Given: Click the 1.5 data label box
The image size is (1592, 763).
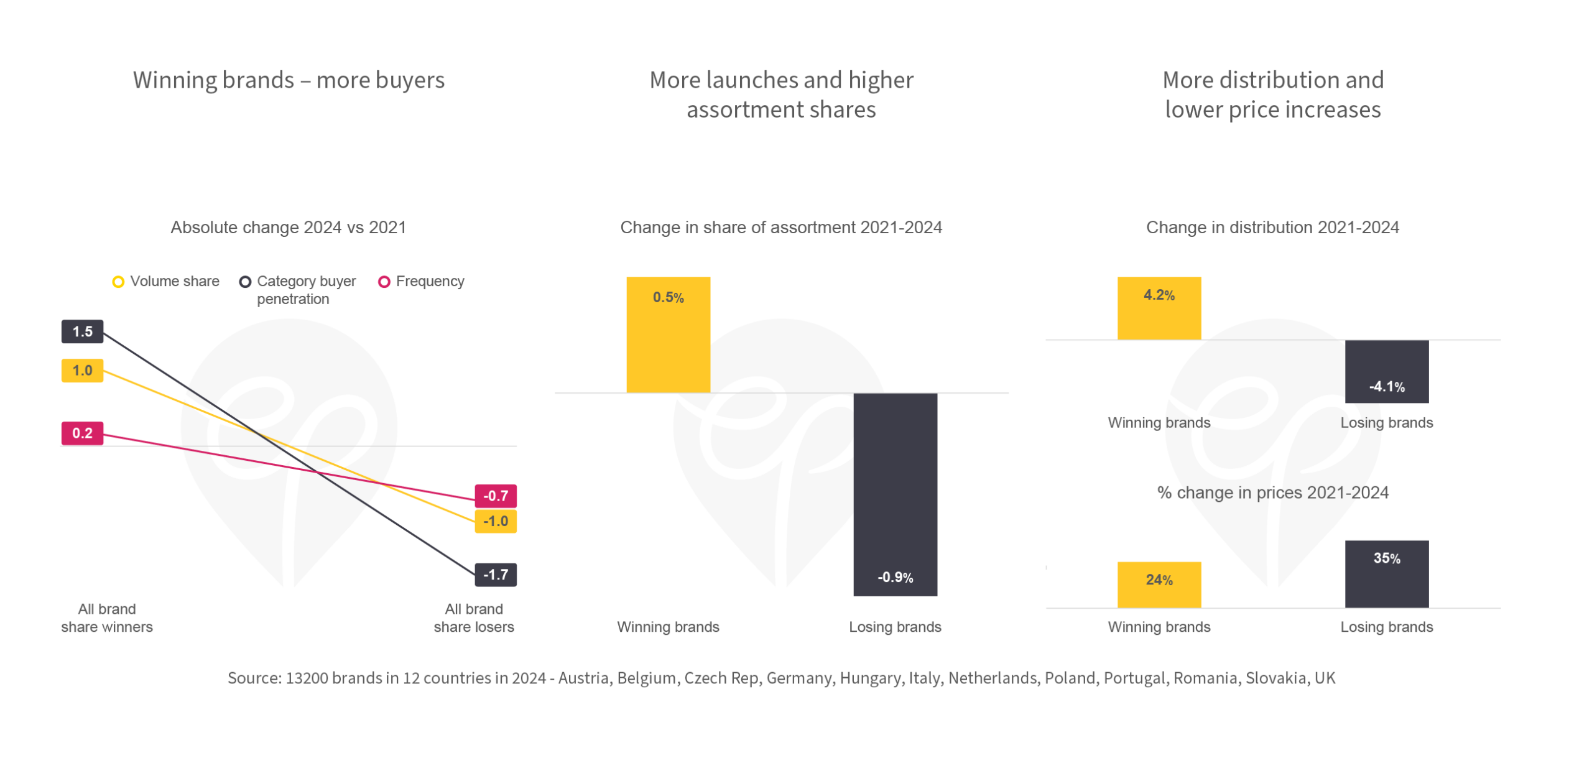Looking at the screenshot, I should tap(82, 331).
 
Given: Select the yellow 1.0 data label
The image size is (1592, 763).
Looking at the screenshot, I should tap(82, 371).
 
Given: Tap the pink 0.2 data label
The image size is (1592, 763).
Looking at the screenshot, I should tap(82, 433).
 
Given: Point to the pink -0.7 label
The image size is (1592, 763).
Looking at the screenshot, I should tap(496, 496).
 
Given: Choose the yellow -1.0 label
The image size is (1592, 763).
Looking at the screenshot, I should tap(496, 522).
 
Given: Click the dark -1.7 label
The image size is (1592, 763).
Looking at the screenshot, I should tap(496, 575).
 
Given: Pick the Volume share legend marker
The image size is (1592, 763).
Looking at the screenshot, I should tap(118, 282).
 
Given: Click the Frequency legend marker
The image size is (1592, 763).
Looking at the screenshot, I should tap(384, 282).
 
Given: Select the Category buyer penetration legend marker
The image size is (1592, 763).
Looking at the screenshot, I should tap(245, 282).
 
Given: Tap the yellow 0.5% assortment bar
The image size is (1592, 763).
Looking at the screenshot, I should tap(668, 336).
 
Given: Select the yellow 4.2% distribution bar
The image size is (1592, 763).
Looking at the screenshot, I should tap(1159, 308).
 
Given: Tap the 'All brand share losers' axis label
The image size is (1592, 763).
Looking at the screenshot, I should tap(474, 618).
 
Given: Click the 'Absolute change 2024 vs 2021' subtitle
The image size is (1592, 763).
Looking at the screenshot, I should tap(288, 228).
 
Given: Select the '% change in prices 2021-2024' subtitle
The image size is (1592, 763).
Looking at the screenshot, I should tap(1272, 493).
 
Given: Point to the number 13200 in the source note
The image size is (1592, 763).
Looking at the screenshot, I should tap(307, 678).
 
